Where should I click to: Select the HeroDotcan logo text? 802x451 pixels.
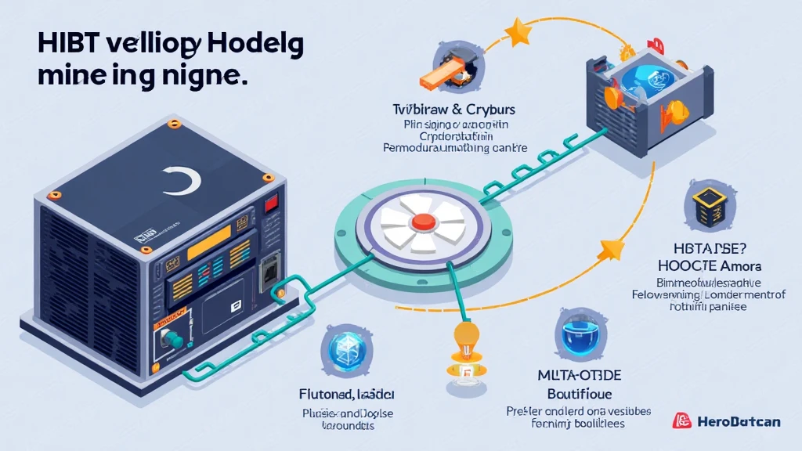(x=737, y=422)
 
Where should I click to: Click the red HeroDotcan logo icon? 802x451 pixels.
(x=681, y=421)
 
